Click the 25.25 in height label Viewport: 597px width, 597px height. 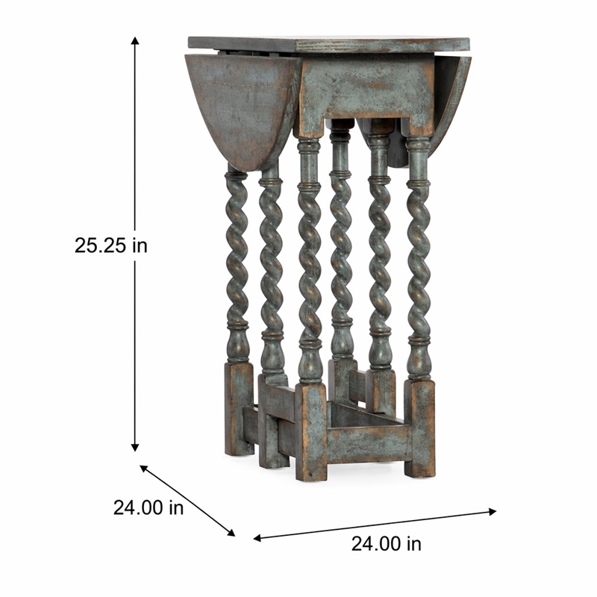[x=110, y=246]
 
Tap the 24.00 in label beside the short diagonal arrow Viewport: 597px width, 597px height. [x=149, y=507]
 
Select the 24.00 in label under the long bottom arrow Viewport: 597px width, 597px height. [x=386, y=544]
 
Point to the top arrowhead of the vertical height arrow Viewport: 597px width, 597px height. [x=135, y=40]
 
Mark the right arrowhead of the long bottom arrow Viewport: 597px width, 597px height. [x=493, y=511]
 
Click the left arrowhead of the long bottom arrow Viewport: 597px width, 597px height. [x=257, y=538]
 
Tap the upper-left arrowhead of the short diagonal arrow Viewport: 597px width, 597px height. [x=144, y=469]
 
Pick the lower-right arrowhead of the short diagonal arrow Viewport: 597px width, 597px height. [x=231, y=533]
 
